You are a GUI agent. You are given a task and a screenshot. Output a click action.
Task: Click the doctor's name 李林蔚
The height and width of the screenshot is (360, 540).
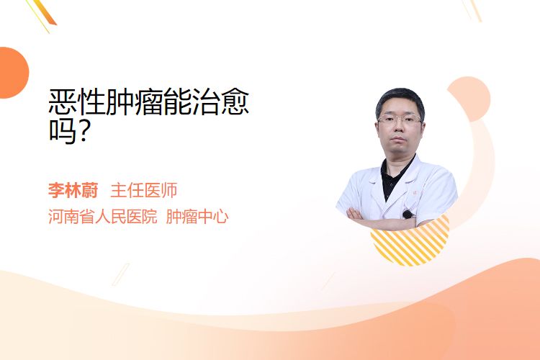click(x=73, y=191)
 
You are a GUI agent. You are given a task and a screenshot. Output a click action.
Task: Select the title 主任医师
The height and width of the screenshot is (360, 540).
click(x=143, y=191)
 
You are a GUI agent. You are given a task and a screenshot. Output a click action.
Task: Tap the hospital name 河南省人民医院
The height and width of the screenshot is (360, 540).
click(x=103, y=217)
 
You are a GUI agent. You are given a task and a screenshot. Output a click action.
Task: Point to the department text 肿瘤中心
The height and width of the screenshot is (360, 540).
click(x=197, y=217)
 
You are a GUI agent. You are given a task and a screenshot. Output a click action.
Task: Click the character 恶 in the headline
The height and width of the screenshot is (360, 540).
click(x=63, y=102)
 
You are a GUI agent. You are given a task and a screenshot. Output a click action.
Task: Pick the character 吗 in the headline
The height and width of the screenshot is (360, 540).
click(x=63, y=130)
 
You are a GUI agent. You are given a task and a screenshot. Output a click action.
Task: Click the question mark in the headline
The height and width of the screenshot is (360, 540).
click(x=84, y=130)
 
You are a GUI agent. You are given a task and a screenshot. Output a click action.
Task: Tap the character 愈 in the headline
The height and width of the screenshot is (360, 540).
click(x=235, y=102)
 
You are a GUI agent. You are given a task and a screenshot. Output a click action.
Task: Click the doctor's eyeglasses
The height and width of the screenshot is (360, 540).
click(x=400, y=120)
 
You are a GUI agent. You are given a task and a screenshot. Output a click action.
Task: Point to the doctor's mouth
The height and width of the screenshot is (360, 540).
click(x=398, y=138)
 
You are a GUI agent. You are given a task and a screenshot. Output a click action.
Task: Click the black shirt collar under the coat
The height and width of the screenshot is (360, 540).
click(x=395, y=176)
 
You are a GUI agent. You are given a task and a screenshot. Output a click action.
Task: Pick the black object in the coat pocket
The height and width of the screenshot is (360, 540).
click(x=408, y=215)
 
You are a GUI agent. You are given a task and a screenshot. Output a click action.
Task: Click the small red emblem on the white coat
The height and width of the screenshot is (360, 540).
click(x=415, y=193)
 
